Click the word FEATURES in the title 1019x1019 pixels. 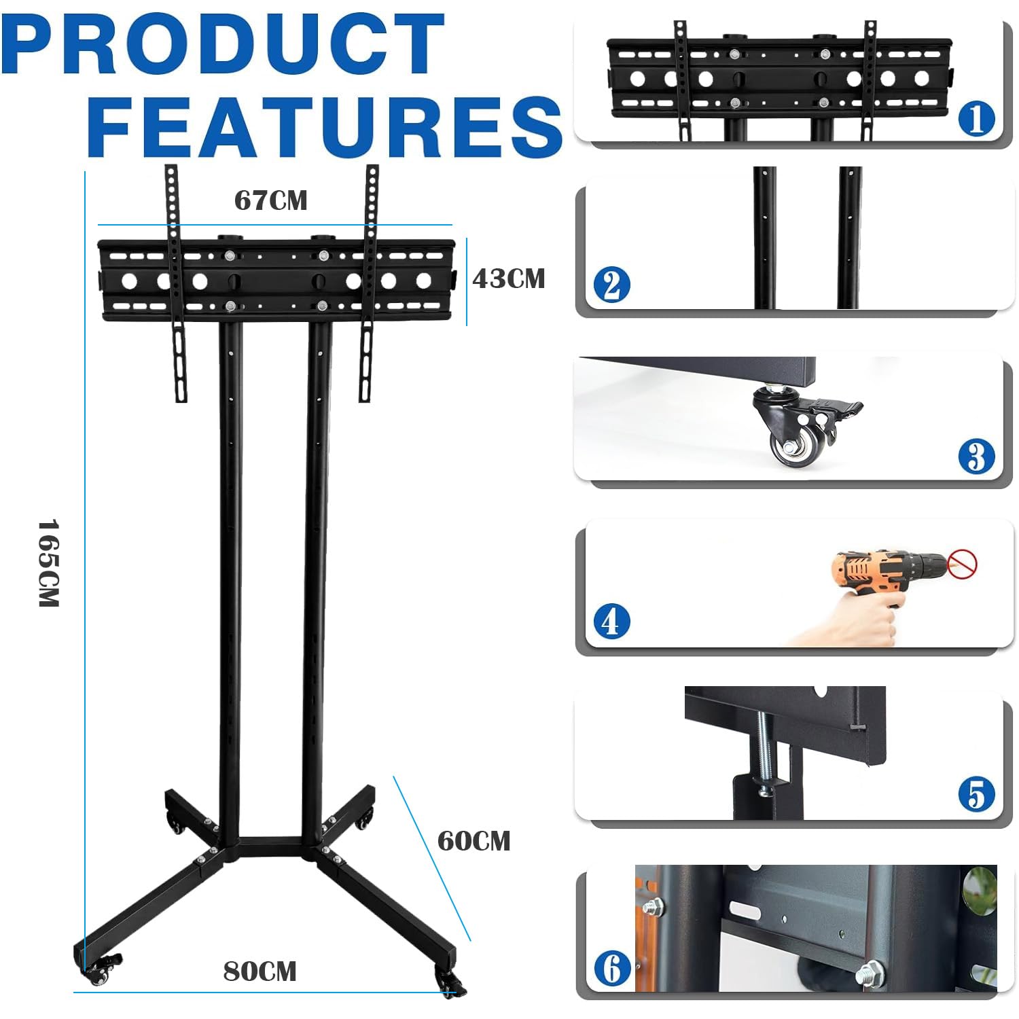[x=325, y=127]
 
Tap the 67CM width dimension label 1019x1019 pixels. [x=270, y=200]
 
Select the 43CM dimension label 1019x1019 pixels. [x=509, y=279]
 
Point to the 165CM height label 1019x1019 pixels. [x=48, y=563]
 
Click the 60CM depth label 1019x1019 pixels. [x=473, y=841]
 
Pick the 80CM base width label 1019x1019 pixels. [x=260, y=971]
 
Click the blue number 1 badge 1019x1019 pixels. [x=976, y=118]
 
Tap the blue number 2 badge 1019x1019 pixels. [x=611, y=285]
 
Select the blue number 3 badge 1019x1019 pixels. [x=976, y=456]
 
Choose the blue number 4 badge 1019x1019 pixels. [x=611, y=622]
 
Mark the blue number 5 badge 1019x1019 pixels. [x=976, y=794]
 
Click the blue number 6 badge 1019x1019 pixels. [x=611, y=968]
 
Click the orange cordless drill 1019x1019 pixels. [x=883, y=571]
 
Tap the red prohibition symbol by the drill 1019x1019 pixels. [x=962, y=564]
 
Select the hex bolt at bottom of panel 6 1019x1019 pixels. [x=870, y=972]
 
